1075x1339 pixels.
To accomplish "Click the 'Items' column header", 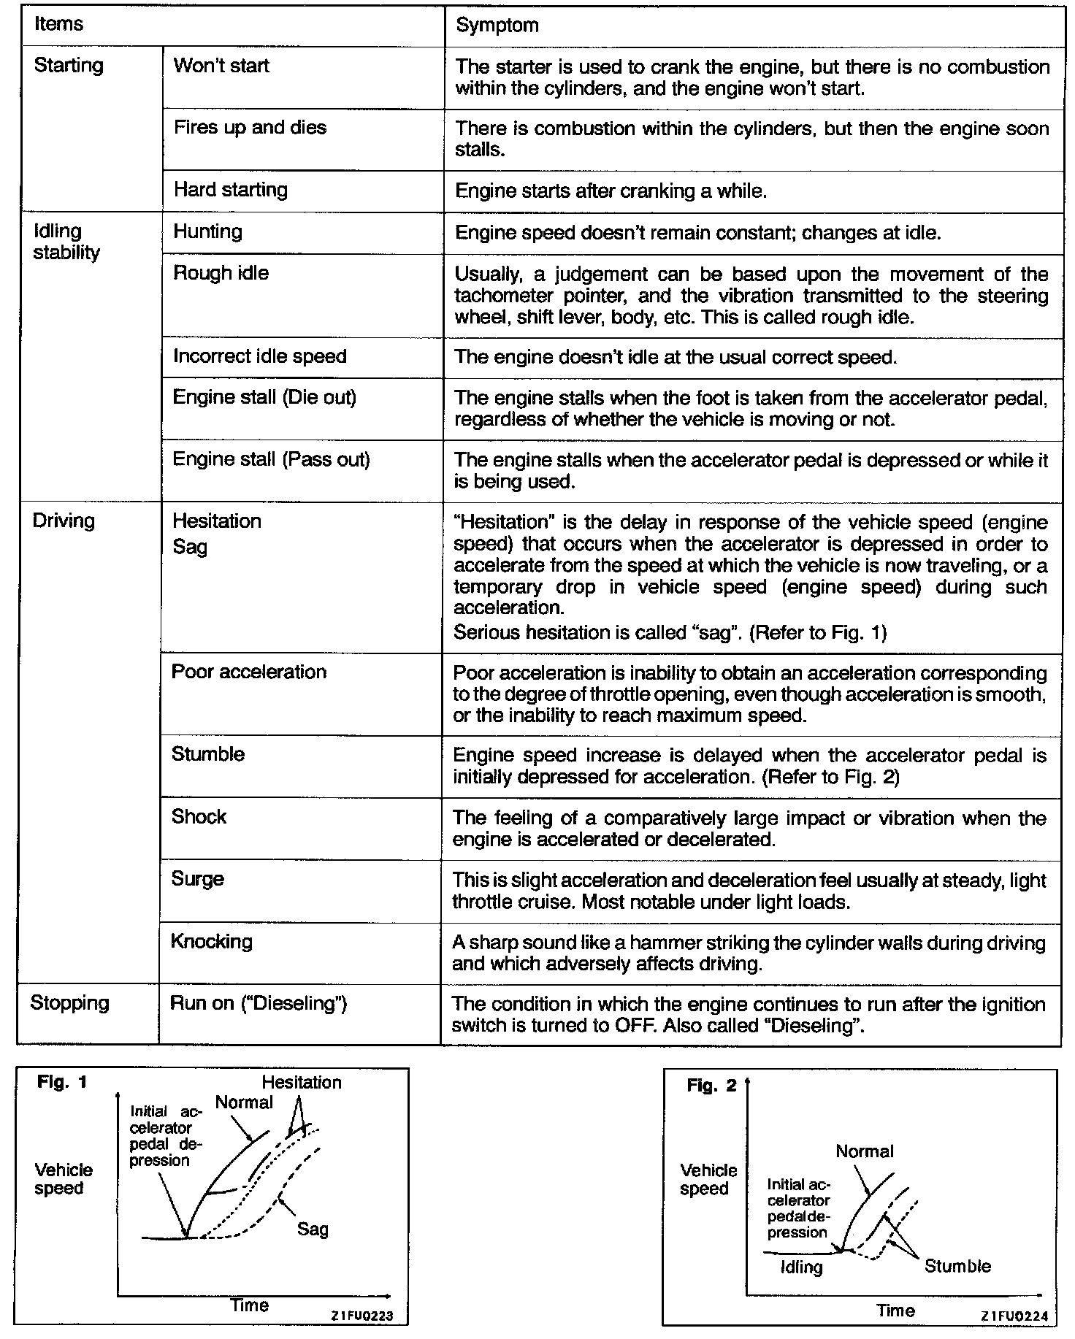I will click(x=58, y=24).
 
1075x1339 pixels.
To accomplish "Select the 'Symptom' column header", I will click(x=497, y=26).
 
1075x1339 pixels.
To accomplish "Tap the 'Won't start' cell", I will click(x=221, y=66).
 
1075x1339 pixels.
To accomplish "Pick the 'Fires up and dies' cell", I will click(x=250, y=128).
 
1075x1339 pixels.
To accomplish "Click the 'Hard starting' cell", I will click(x=230, y=191).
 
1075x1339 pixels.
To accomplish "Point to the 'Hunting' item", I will click(x=207, y=232).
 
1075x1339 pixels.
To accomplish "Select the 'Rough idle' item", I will click(x=221, y=273).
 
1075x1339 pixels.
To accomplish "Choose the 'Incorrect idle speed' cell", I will click(x=259, y=356).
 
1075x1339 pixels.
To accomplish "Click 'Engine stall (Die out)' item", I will click(x=264, y=398).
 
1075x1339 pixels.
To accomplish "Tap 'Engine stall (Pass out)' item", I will click(x=271, y=460).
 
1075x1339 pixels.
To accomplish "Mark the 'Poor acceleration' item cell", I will click(x=248, y=672).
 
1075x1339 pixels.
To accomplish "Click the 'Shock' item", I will click(x=199, y=816).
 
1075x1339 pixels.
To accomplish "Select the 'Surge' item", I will click(x=197, y=879).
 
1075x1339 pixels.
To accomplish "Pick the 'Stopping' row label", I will click(x=69, y=1003).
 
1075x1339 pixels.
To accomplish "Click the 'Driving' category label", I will click(x=64, y=521).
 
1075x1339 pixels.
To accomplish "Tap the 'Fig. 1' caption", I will click(x=62, y=1083).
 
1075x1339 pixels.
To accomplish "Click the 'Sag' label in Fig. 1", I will click(x=313, y=1229).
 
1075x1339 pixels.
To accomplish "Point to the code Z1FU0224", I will click(x=1015, y=1316).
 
